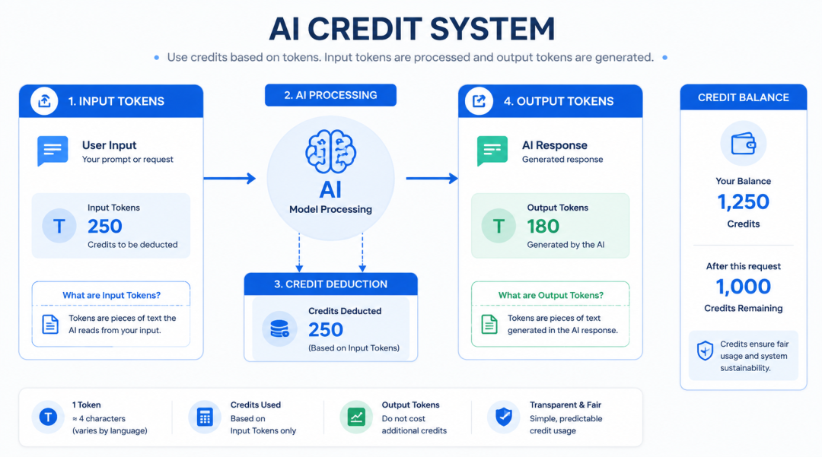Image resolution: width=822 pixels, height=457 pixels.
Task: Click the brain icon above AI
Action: [331, 152]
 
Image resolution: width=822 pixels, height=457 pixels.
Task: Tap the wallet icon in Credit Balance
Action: [744, 144]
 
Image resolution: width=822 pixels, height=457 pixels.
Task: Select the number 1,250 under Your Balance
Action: [744, 202]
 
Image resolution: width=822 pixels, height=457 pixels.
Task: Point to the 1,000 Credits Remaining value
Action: [744, 287]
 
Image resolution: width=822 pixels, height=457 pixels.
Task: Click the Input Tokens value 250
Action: [105, 226]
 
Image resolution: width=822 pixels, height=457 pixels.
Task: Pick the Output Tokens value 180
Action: [543, 226]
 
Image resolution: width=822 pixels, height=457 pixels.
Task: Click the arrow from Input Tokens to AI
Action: [230, 179]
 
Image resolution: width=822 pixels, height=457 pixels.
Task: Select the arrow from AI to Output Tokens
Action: [432, 179]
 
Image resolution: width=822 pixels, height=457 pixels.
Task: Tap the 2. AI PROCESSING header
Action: [331, 95]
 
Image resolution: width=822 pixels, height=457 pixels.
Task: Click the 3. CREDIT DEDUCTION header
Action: [331, 284]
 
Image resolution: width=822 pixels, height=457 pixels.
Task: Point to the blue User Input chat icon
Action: [53, 151]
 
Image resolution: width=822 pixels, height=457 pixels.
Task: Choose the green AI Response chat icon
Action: [492, 151]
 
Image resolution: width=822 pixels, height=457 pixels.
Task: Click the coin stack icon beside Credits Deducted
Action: [279, 328]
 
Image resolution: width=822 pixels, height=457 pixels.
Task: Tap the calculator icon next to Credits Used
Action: [205, 417]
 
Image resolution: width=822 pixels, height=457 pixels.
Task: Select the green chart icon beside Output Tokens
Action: [356, 417]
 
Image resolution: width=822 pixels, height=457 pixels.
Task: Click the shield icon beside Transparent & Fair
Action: [504, 417]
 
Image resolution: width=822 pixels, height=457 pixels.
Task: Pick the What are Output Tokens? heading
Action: [550, 295]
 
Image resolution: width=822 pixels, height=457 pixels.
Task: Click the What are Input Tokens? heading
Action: [112, 295]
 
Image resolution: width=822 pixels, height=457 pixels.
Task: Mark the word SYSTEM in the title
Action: [492, 29]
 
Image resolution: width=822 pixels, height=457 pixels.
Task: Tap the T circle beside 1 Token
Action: [48, 417]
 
